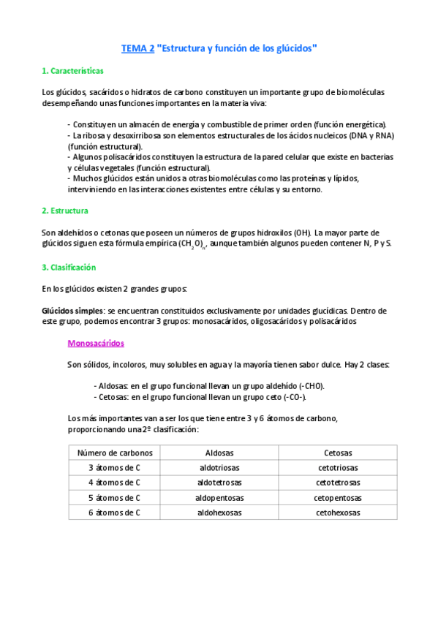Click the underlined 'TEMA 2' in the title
[x=137, y=49]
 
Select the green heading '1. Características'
[x=72, y=71]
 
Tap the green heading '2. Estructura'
[x=65, y=211]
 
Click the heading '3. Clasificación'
[x=69, y=268]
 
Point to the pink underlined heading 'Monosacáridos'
[x=95, y=343]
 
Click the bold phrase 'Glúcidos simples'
[x=72, y=311]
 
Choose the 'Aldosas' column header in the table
[x=220, y=453]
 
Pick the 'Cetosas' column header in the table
[x=338, y=453]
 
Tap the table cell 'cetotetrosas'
[x=338, y=483]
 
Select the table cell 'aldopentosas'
[x=220, y=498]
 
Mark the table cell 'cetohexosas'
[x=338, y=513]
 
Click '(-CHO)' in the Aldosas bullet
[x=308, y=386]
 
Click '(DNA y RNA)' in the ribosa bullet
[x=371, y=136]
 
